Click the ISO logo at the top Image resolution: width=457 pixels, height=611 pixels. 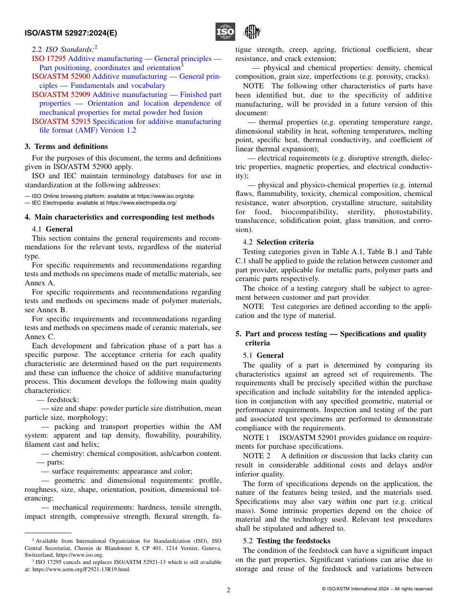click(225, 32)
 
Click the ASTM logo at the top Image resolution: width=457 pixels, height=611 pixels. click(252, 32)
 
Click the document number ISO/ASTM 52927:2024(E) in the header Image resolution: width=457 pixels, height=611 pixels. click(71, 33)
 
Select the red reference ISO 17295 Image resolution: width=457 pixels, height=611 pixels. click(49, 59)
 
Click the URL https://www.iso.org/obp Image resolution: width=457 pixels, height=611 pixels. click(165, 196)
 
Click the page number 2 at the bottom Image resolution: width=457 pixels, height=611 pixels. click(228, 590)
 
